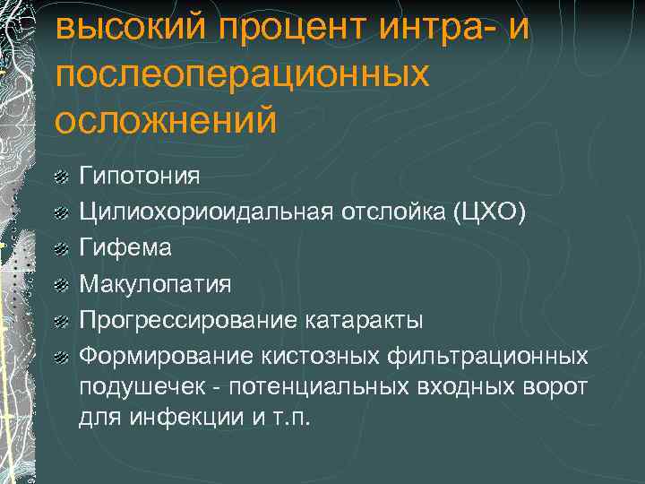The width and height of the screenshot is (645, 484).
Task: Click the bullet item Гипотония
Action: (139, 174)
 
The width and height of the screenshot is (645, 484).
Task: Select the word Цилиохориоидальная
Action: (206, 211)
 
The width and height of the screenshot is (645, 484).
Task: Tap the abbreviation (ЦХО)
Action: (490, 211)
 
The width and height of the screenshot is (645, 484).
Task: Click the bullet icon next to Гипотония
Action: (60, 176)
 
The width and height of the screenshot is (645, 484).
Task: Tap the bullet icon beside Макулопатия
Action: (60, 286)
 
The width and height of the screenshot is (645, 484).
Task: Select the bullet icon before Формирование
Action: (60, 359)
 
